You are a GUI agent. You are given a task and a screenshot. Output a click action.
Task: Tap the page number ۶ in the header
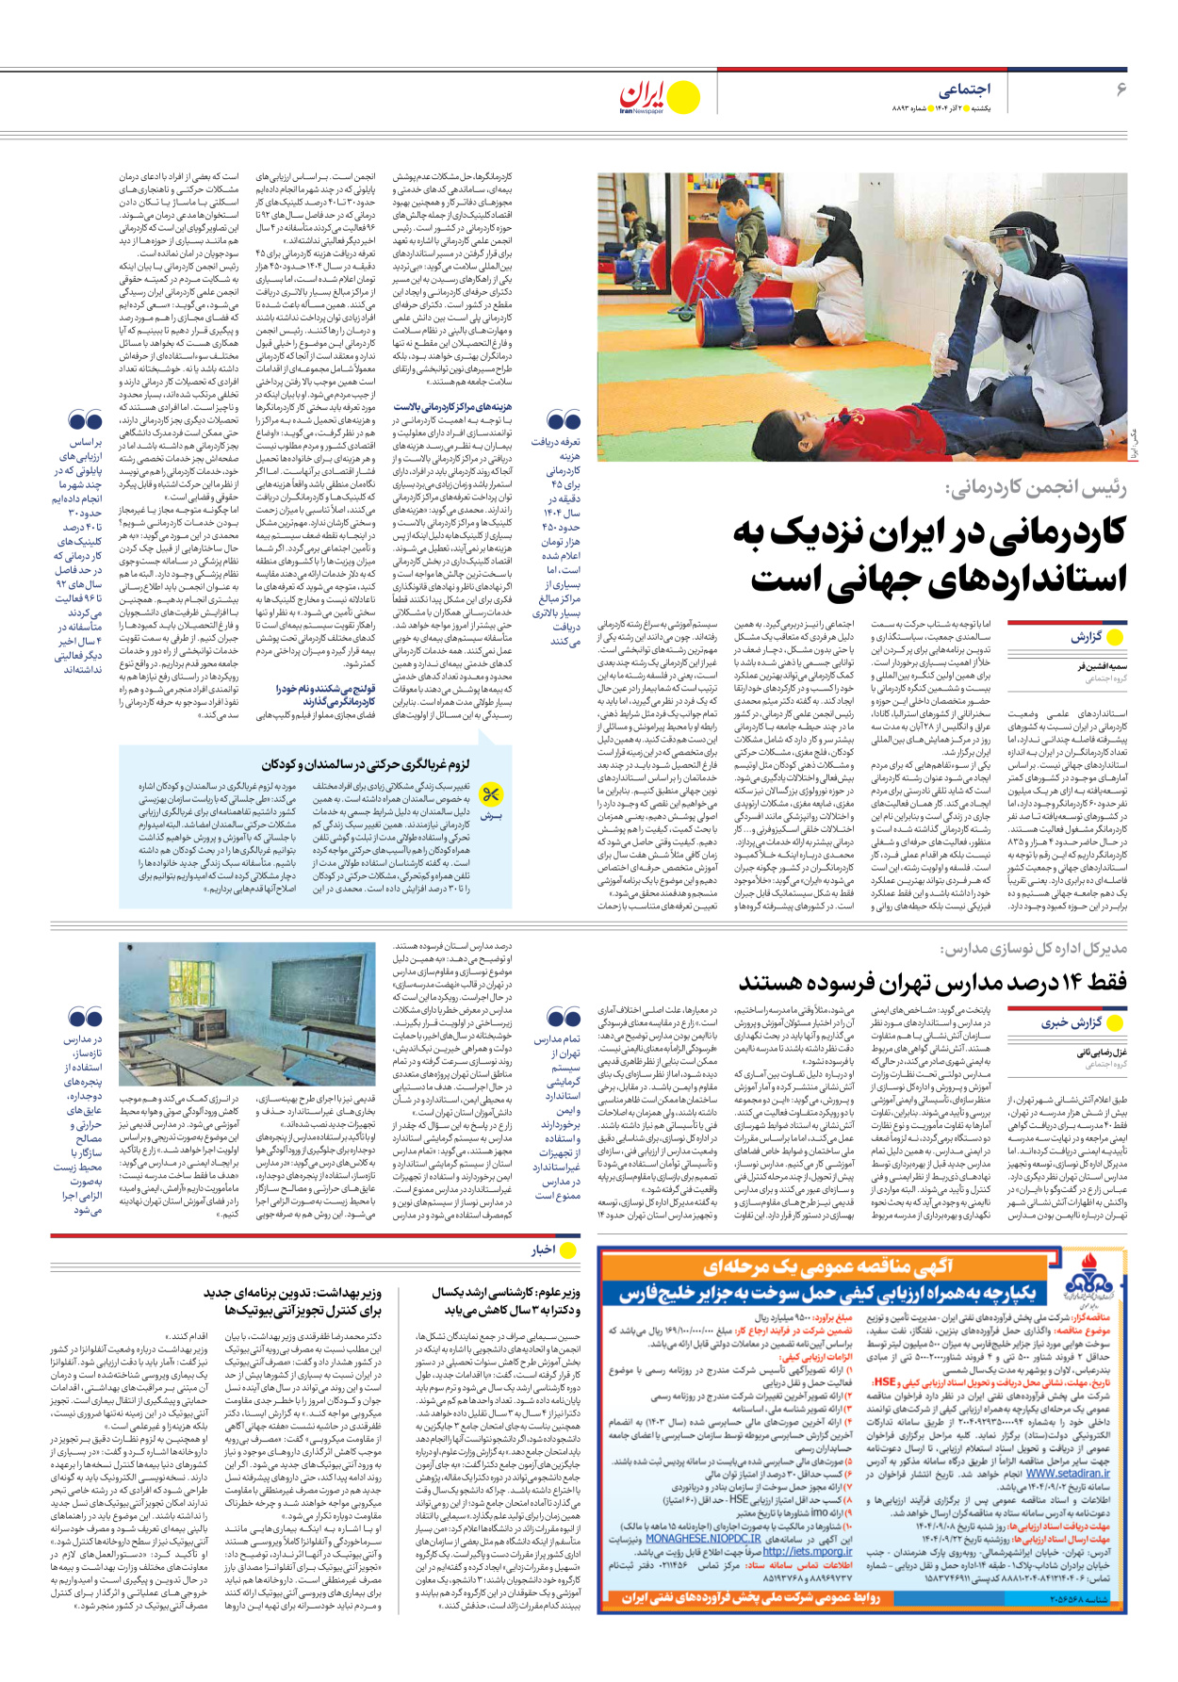pos(1121,89)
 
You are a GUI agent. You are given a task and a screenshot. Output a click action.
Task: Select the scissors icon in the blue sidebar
pos(490,793)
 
